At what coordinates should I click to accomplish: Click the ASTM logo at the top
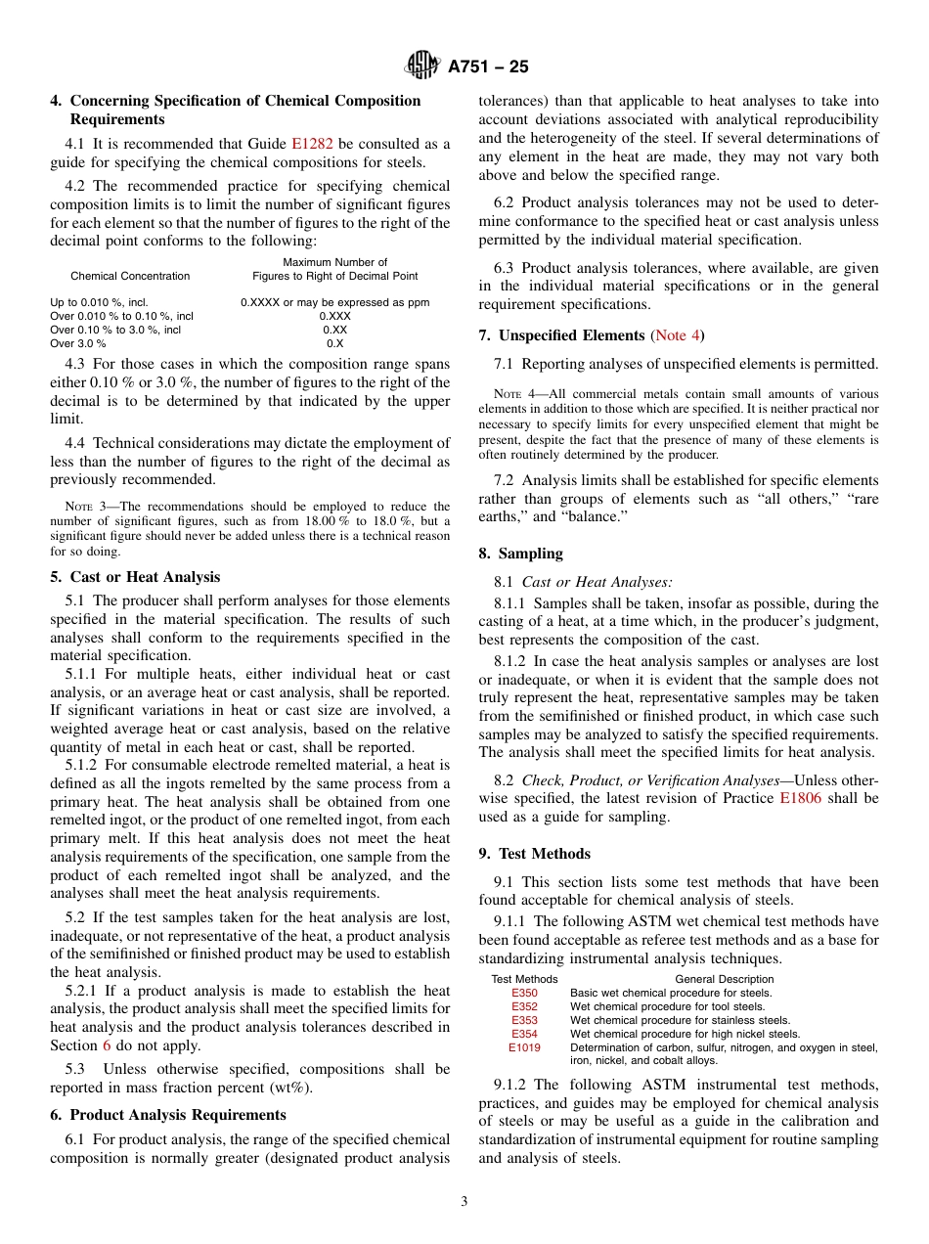pyautogui.click(x=422, y=66)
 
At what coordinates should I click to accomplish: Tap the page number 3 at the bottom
pyautogui.click(x=464, y=1202)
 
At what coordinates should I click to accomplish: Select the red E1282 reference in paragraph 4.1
pyautogui.click(x=312, y=143)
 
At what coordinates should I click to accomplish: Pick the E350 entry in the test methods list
pyautogui.click(x=524, y=993)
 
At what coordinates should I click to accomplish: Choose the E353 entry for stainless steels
pyautogui.click(x=524, y=1020)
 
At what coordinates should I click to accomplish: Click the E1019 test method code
pyautogui.click(x=524, y=1047)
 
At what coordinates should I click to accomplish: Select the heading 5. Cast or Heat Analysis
pyautogui.click(x=135, y=577)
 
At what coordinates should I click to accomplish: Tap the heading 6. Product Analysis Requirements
pyautogui.click(x=168, y=1115)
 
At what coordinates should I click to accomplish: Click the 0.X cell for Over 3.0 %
pyautogui.click(x=334, y=344)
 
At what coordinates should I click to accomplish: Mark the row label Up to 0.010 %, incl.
pyautogui.click(x=99, y=303)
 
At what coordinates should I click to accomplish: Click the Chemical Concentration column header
pyautogui.click(x=130, y=276)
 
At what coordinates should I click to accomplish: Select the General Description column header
pyautogui.click(x=724, y=979)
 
